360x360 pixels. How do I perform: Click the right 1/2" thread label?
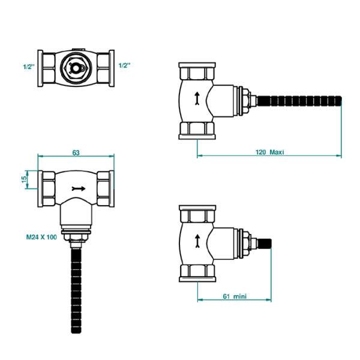[124, 65]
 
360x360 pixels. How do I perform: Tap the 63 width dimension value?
[76, 153]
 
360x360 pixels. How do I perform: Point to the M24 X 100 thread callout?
[41, 238]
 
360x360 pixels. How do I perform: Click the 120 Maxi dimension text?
[269, 152]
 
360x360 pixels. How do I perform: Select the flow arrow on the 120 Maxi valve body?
[197, 98]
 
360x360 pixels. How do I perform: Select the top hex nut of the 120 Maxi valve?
[197, 72]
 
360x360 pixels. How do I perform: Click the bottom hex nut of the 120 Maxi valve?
[197, 129]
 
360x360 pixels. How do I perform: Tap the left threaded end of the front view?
[47, 188]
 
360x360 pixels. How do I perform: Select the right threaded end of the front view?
[106, 188]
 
